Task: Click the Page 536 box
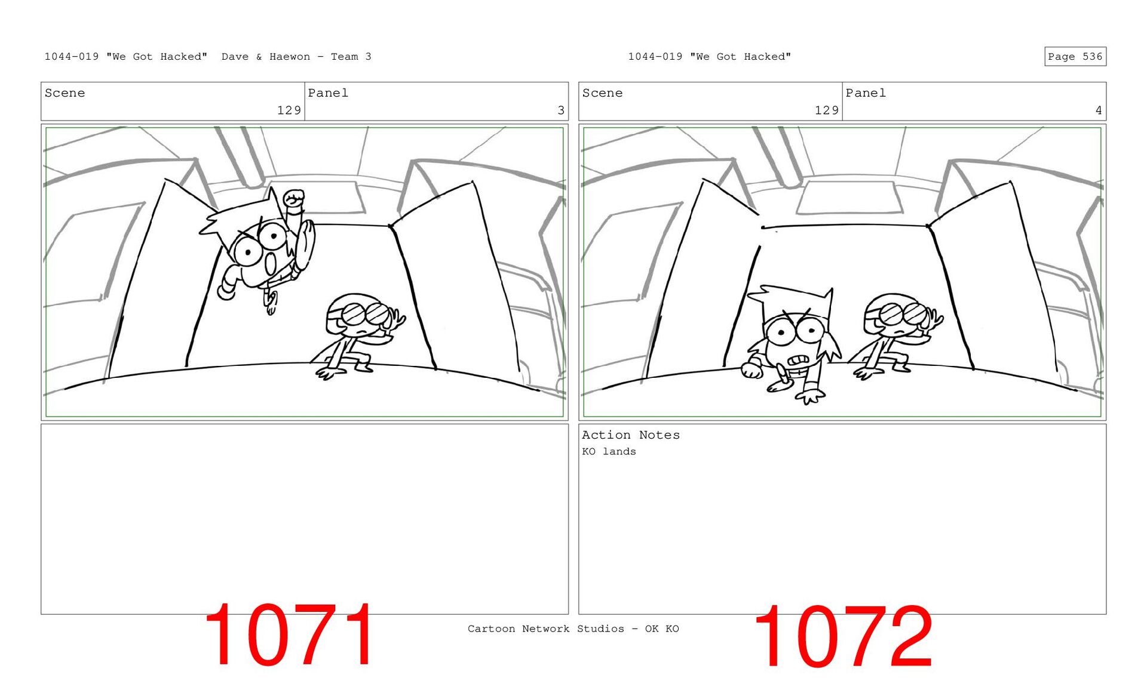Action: pyautogui.click(x=1075, y=56)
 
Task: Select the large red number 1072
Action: pyautogui.click(x=843, y=636)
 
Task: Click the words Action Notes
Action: pyautogui.click(x=631, y=435)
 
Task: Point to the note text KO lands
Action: pyautogui.click(x=609, y=451)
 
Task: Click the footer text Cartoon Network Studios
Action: pyautogui.click(x=545, y=629)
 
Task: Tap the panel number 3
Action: pyautogui.click(x=560, y=110)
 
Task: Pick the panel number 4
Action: pyautogui.click(x=1098, y=110)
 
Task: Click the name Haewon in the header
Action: pyautogui.click(x=290, y=57)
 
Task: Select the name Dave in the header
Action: pyautogui.click(x=235, y=57)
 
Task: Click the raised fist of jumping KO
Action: pyautogui.click(x=294, y=199)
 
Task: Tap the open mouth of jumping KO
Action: pyautogui.click(x=271, y=263)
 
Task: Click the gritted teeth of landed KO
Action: pyautogui.click(x=799, y=360)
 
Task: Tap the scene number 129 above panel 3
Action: pyautogui.click(x=289, y=110)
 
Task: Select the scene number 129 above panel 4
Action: pyautogui.click(x=827, y=110)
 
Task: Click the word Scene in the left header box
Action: pyautogui.click(x=65, y=93)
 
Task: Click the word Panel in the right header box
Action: pyautogui.click(x=866, y=93)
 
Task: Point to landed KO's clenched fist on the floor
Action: pyautogui.click(x=752, y=370)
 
